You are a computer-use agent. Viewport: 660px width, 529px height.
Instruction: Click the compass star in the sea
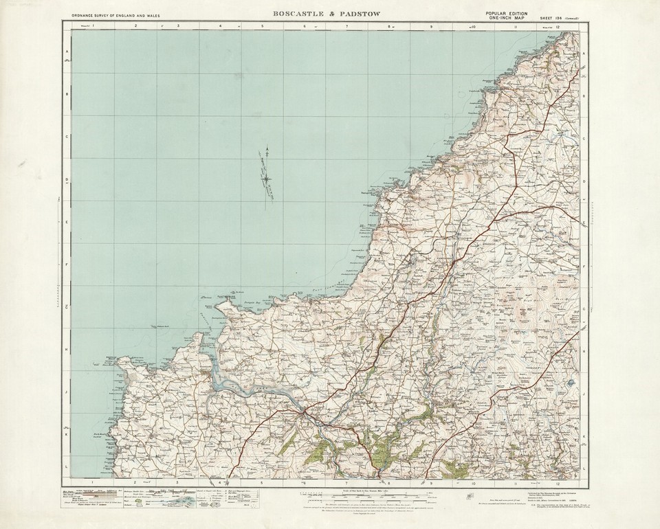[x=267, y=178]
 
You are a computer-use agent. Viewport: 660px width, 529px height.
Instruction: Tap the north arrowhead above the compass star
[x=267, y=149]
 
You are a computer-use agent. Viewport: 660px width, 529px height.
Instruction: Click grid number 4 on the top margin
[x=220, y=26]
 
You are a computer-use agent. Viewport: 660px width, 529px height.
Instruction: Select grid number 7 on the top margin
[x=347, y=26]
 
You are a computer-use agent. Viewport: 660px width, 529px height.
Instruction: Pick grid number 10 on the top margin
[x=473, y=26]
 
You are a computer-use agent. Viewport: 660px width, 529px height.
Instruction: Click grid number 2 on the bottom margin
[x=135, y=483]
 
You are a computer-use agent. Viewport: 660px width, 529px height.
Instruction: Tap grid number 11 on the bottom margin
[x=516, y=483]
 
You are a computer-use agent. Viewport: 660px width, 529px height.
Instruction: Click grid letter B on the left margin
[x=67, y=95]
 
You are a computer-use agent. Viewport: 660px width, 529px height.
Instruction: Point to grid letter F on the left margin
[x=67, y=264]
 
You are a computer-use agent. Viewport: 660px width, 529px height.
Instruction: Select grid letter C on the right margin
[x=584, y=137]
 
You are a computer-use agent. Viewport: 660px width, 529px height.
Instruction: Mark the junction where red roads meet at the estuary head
[x=302, y=413]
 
